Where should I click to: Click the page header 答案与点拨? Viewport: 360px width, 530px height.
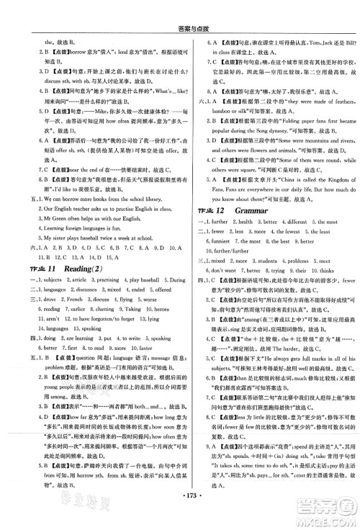point(180,9)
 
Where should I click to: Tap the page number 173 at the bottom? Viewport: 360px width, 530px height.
point(180,516)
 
